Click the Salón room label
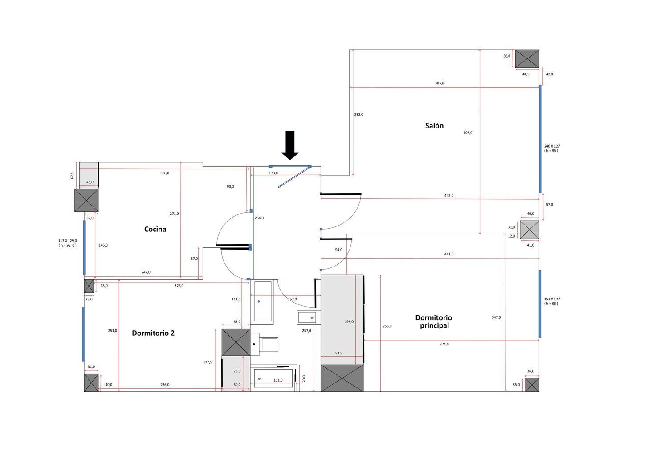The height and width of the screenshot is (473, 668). click(x=434, y=126)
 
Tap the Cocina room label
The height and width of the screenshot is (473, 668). click(x=155, y=229)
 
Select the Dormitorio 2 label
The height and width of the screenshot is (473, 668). click(x=153, y=333)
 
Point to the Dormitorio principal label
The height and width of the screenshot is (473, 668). click(x=434, y=321)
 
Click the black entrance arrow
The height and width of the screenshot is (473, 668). click(x=290, y=145)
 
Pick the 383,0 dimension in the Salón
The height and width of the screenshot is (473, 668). click(x=439, y=83)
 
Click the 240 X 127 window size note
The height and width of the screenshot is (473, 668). click(x=552, y=148)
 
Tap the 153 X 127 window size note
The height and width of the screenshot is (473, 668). click(x=552, y=301)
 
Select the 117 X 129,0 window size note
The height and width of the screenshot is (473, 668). click(x=68, y=243)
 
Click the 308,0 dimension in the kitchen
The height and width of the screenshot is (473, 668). click(x=165, y=173)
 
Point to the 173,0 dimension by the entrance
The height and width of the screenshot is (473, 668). click(x=273, y=173)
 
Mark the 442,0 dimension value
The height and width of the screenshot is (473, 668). click(x=449, y=196)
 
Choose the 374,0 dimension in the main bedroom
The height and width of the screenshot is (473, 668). click(x=444, y=344)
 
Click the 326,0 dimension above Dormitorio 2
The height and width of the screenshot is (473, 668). click(x=179, y=286)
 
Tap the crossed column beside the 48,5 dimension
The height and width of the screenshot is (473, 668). click(x=527, y=59)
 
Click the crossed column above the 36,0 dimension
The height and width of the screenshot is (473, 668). click(x=532, y=385)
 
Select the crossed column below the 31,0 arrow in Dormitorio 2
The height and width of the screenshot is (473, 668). click(x=91, y=383)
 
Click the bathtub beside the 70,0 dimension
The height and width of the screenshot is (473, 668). click(x=273, y=378)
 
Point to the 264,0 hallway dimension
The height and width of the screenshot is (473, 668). click(x=259, y=218)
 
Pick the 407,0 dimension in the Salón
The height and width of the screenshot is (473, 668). click(x=468, y=132)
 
